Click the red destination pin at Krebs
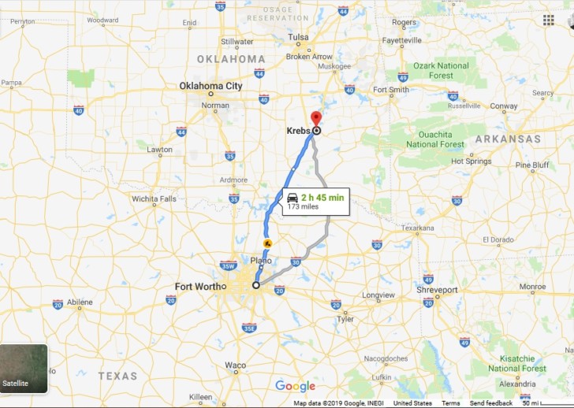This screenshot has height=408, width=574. [316, 120]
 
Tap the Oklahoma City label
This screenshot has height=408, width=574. [211, 86]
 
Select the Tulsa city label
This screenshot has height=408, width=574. [298, 37]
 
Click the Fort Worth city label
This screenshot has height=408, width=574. [199, 286]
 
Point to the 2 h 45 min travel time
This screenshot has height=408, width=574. [322, 198]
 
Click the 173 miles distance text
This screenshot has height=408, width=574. [304, 207]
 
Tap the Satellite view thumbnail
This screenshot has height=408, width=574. [24, 369]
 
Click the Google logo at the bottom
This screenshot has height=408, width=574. [295, 386]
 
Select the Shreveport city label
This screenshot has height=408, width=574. [438, 290]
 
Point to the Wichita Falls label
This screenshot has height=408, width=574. [154, 199]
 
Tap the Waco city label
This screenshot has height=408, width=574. [235, 365]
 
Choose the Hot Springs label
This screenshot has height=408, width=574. [471, 161]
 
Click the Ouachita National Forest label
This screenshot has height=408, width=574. [434, 139]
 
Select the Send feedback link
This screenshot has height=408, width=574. [490, 403]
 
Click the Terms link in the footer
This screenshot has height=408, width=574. [451, 403]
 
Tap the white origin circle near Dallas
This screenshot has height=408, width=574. [255, 285]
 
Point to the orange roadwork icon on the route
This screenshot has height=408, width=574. [267, 243]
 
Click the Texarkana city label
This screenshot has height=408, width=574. [417, 228]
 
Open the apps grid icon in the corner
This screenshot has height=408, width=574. [548, 20]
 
